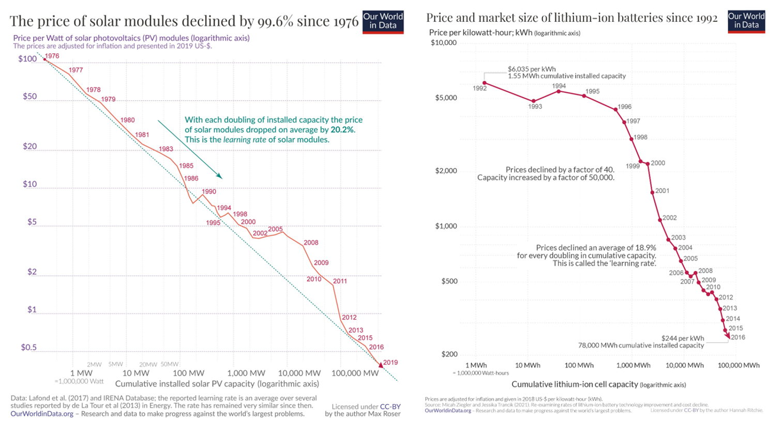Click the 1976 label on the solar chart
coord(52,56)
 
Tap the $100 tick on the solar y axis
coord(27,59)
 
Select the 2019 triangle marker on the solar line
coord(381,365)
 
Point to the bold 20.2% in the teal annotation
coord(342,130)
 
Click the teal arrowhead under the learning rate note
coord(220,176)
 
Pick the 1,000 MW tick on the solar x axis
coord(246,373)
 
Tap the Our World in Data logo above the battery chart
coord(746,21)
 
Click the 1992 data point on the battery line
coord(485,83)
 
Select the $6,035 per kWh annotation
coord(532,69)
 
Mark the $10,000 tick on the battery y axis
coord(443,43)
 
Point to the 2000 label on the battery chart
coord(658,163)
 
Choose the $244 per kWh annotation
coord(683,338)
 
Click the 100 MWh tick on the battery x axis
coord(579,365)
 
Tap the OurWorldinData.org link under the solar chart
coord(42,414)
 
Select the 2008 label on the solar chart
coord(311,243)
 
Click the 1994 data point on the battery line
coord(559,91)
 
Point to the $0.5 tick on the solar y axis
coord(28,348)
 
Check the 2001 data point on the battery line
coord(652,192)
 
